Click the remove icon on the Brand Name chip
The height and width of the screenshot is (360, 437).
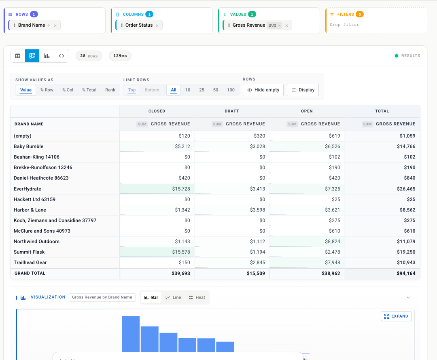(x=55, y=25)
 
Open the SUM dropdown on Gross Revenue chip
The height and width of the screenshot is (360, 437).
(x=274, y=25)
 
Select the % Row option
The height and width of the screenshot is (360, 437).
(x=47, y=90)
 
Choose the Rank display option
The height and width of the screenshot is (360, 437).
(x=110, y=90)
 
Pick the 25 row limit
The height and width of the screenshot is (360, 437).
(x=202, y=90)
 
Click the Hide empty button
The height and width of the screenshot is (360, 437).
(x=263, y=90)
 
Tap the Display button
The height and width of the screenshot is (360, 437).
(x=303, y=90)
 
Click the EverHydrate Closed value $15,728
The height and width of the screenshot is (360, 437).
(x=181, y=189)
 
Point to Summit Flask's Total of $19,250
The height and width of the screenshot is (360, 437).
(x=406, y=252)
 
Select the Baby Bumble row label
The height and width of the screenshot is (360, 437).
(x=28, y=146)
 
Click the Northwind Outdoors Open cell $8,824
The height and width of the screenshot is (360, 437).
(x=333, y=241)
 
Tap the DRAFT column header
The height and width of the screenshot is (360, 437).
(x=231, y=111)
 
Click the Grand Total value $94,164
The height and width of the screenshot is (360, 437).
(x=406, y=273)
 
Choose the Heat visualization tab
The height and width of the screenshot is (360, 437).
(x=197, y=298)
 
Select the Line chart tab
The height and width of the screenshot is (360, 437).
(x=173, y=298)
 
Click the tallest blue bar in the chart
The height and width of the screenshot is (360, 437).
(x=131, y=334)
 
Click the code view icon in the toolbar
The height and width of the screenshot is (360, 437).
(x=62, y=56)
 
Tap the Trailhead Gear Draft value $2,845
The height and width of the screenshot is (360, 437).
(x=257, y=263)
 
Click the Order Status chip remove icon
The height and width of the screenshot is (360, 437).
(x=157, y=25)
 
